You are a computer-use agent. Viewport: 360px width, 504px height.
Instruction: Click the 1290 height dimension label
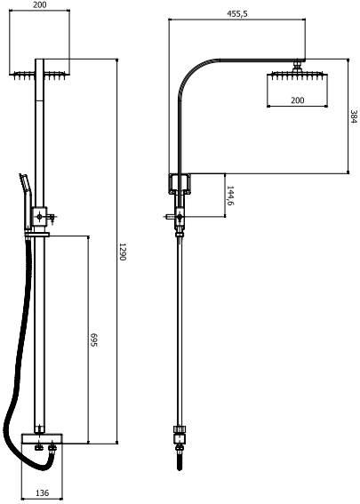(123, 252)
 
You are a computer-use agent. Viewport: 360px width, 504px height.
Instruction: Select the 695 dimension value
(93, 340)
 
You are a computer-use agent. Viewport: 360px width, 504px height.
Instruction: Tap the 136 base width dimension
(42, 492)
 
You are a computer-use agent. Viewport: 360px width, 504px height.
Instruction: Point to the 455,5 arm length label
(237, 14)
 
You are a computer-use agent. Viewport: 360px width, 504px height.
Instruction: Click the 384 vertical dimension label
(354, 116)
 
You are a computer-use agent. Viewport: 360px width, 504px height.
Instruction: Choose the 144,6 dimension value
(230, 196)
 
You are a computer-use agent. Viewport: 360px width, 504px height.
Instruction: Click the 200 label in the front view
(39, 4)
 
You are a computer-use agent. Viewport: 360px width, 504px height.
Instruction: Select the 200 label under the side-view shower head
(297, 100)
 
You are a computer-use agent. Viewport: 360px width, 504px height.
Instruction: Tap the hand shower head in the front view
(26, 199)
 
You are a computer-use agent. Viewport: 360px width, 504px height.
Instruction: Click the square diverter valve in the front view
(39, 217)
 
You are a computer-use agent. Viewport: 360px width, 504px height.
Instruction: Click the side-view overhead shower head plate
(297, 76)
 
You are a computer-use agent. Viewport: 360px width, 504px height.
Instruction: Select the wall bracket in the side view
(180, 183)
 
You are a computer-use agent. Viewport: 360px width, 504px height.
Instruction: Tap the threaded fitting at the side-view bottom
(180, 458)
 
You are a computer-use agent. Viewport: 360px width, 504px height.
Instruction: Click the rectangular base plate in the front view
(42, 438)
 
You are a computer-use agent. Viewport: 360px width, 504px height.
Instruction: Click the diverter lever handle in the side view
(170, 217)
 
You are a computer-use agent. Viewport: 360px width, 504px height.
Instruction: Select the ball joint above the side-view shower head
(297, 66)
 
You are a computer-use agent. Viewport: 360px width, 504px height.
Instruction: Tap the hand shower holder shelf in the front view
(36, 235)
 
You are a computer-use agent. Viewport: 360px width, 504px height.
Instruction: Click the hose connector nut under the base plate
(52, 447)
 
